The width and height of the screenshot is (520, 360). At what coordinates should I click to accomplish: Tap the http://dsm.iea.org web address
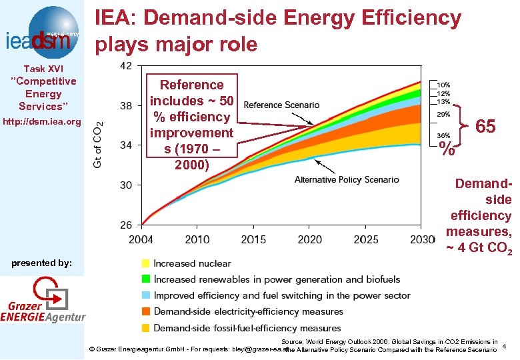click(x=42, y=122)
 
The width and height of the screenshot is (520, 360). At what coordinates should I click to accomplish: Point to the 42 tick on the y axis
click(x=125, y=65)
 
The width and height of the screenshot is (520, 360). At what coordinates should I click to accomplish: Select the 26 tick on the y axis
click(x=125, y=225)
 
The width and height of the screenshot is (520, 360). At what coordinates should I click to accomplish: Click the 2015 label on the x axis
click(x=253, y=239)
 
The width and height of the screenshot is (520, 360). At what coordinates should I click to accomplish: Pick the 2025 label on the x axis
click(x=366, y=239)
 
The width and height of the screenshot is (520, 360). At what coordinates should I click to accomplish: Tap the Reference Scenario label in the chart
click(x=281, y=105)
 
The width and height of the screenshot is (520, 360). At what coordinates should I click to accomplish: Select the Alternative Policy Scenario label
click(x=347, y=180)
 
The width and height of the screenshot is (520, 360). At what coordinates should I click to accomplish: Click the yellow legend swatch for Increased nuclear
click(x=145, y=263)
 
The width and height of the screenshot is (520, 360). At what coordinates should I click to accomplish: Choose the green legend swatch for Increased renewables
click(x=145, y=279)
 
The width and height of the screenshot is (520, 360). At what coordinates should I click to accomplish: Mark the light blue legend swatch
click(x=145, y=295)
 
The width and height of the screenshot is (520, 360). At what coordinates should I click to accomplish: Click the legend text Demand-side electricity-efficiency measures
click(x=248, y=311)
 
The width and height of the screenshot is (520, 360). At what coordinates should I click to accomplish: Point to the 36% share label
click(x=443, y=135)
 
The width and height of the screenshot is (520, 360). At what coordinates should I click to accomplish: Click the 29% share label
click(x=443, y=115)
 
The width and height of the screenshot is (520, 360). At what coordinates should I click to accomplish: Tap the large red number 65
click(x=485, y=127)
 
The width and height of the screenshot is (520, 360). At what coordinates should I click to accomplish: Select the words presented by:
click(x=42, y=263)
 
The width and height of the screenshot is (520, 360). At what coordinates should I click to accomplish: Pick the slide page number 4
click(x=505, y=345)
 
